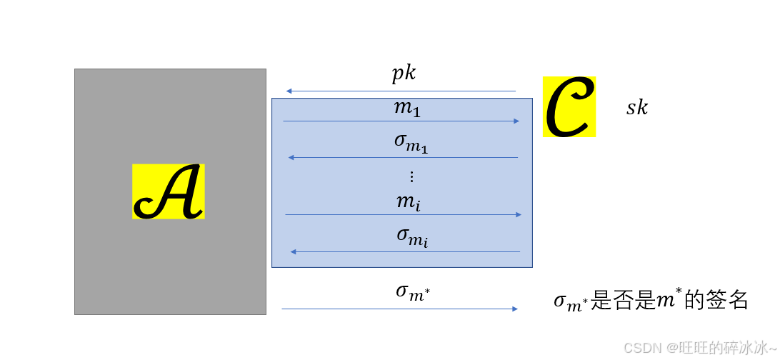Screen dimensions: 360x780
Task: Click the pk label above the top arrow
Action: [404, 74]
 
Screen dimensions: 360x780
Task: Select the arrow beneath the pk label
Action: [401, 91]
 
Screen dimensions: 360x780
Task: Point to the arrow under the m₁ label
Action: [401, 121]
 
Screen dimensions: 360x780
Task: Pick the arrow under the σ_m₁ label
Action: [403, 157]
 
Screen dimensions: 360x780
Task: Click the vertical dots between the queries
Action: [411, 176]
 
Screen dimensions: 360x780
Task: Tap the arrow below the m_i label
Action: [403, 214]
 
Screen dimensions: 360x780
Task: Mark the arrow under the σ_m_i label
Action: [404, 251]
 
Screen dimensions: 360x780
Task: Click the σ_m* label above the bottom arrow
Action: [413, 291]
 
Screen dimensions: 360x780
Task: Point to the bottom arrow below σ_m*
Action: [399, 309]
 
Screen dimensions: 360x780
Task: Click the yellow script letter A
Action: [169, 191]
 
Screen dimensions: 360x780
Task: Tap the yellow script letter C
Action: [569, 107]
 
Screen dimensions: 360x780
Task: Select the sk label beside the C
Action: [637, 108]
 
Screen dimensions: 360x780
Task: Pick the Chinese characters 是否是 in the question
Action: [624, 301]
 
